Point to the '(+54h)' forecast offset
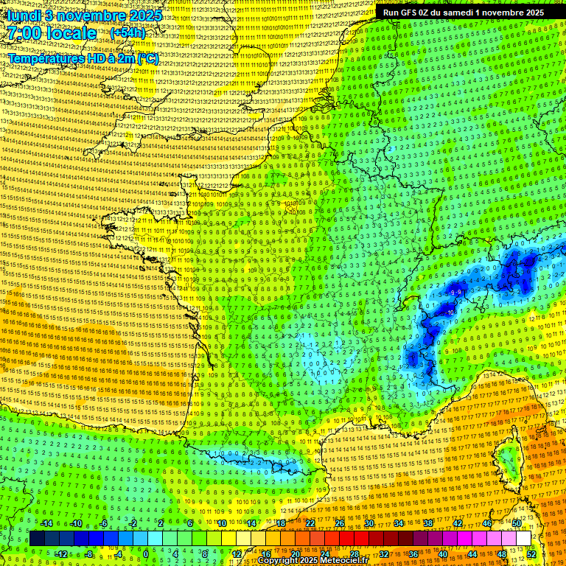tap(127, 34)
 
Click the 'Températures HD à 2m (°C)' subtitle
tap(83, 58)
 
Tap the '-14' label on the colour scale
tap(46, 523)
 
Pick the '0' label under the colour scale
tap(146, 554)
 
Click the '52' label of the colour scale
tap(531, 554)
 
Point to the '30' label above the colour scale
tap(368, 523)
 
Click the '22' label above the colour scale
tap(310, 523)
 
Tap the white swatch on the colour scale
tap(523, 539)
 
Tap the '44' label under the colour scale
tap(472, 554)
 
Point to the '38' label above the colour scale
tap(427, 523)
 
